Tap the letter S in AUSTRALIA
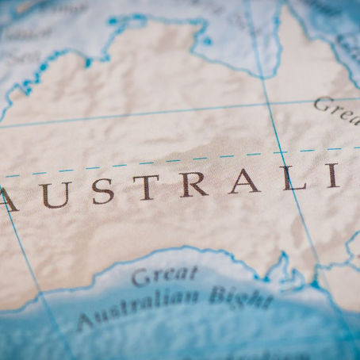(101, 192)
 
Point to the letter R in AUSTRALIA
(193, 186)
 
